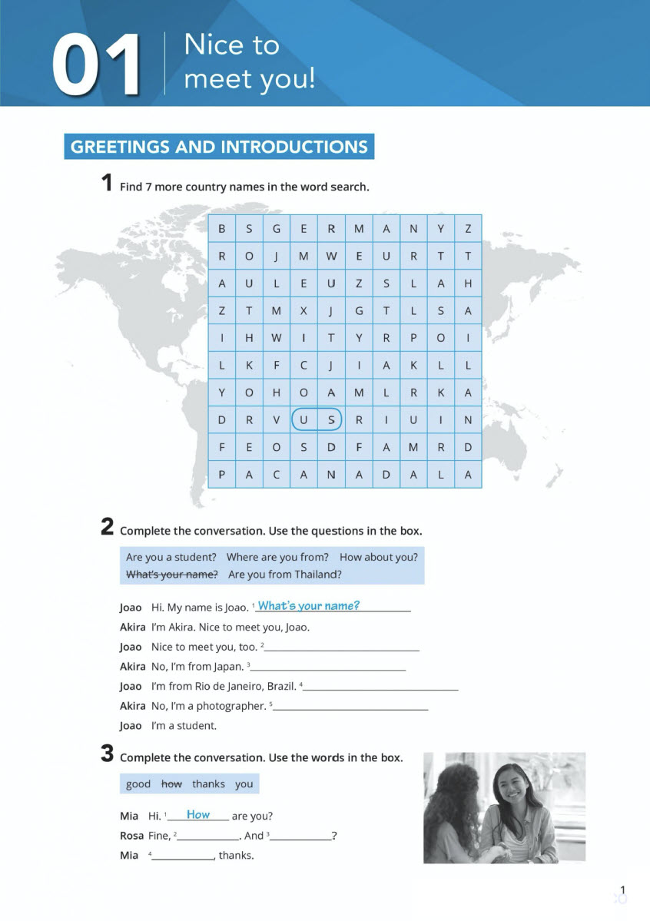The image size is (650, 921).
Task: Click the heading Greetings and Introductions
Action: [x=219, y=147]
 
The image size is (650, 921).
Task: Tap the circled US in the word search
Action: [x=317, y=420]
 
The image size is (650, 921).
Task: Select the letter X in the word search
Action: [x=303, y=310]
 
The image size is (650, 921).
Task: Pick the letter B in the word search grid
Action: [x=222, y=228]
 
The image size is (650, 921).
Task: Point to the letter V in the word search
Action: [x=277, y=420]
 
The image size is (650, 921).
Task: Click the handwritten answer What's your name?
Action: [x=308, y=606]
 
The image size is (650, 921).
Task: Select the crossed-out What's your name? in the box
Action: [x=172, y=575]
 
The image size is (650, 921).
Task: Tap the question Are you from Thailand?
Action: [x=285, y=575]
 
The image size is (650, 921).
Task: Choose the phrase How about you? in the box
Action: [x=379, y=557]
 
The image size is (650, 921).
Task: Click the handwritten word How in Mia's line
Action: [x=198, y=815]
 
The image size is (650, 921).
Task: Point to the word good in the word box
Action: [x=138, y=784]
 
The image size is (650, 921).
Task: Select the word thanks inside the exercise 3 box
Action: [x=208, y=784]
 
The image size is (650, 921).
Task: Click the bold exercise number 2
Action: [x=108, y=528]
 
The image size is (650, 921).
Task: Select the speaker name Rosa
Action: [x=131, y=836]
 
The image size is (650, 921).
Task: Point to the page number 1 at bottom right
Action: [x=622, y=891]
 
